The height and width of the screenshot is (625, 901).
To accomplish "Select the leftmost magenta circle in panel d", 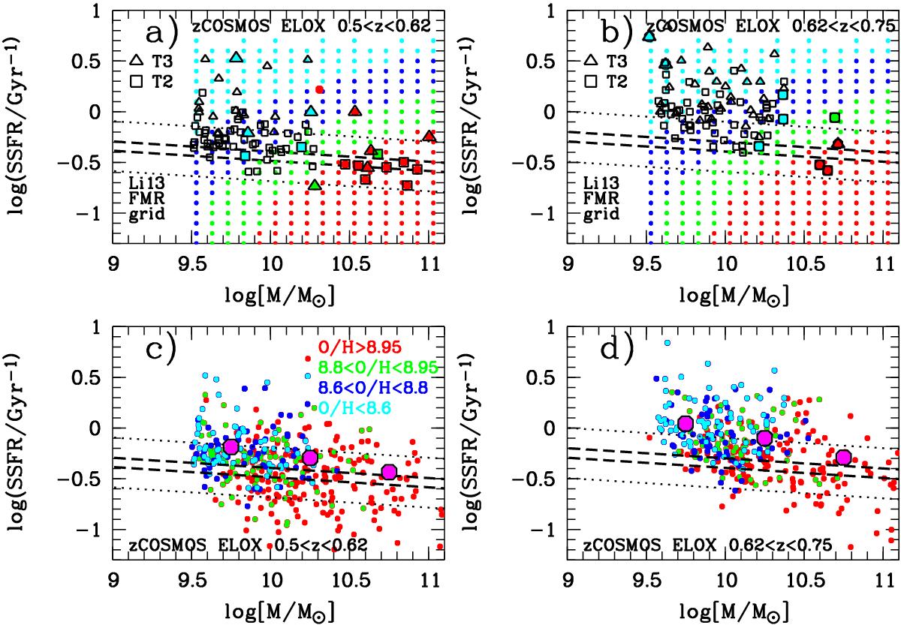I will coord(685,424).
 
